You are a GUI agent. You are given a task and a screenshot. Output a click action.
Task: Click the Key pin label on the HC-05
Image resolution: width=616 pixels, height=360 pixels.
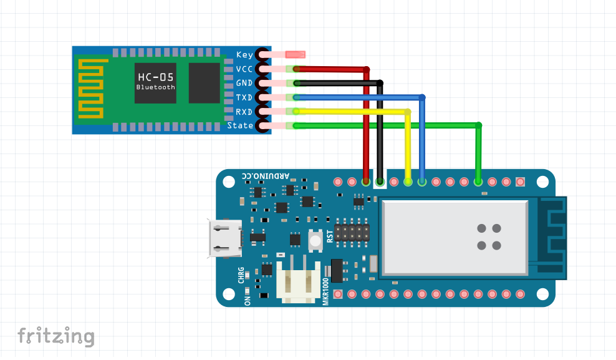pyautogui.click(x=244, y=55)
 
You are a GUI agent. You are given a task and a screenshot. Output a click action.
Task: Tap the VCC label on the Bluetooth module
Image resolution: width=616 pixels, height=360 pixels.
pyautogui.click(x=244, y=69)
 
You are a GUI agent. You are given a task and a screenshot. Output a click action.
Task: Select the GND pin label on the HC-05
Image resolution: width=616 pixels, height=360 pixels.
pyautogui.click(x=244, y=84)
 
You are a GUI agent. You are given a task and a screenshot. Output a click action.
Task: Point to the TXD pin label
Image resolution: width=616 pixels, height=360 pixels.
pyautogui.click(x=244, y=98)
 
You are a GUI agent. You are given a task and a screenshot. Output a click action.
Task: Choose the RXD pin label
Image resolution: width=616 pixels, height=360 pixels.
pyautogui.click(x=244, y=112)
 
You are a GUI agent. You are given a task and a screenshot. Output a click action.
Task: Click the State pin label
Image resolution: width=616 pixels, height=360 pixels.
pyautogui.click(x=240, y=126)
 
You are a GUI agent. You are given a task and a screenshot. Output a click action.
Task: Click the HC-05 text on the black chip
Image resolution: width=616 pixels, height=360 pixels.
pyautogui.click(x=155, y=77)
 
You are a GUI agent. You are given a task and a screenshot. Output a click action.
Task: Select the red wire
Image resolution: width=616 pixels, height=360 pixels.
pyautogui.click(x=366, y=125)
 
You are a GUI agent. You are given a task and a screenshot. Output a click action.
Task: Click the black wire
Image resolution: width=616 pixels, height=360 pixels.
pyautogui.click(x=380, y=131)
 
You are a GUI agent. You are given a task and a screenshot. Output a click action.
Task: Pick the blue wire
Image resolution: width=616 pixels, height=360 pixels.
pyautogui.click(x=423, y=137)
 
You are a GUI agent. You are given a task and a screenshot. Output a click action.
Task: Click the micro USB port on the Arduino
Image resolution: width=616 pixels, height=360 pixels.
pyautogui.click(x=224, y=238)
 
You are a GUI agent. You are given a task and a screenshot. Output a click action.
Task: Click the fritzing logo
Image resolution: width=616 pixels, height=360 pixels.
pyautogui.click(x=56, y=336)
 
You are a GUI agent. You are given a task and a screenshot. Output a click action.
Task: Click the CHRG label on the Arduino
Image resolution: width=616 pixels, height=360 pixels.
pyautogui.click(x=241, y=276)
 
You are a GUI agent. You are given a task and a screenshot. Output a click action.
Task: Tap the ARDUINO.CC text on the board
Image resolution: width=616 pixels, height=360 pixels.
pyautogui.click(x=270, y=177)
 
